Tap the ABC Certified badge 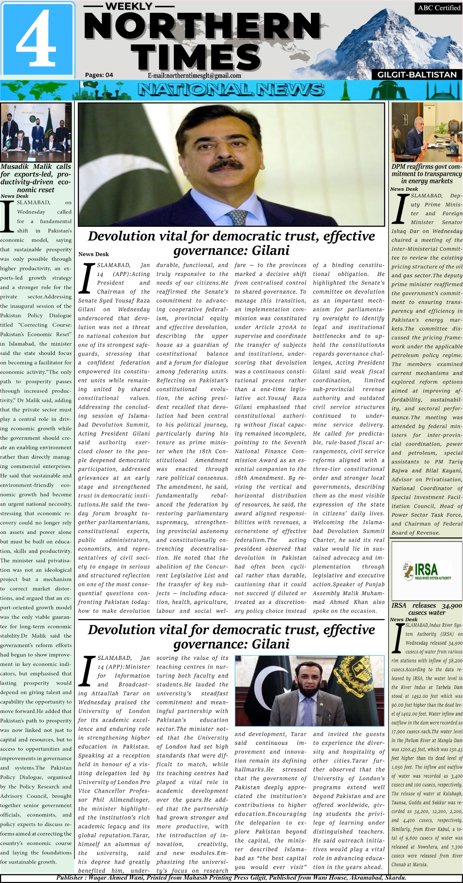[439, 8]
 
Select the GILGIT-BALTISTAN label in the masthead [417, 75]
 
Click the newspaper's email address [194, 76]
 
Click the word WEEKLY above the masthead [129, 6]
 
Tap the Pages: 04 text [99, 75]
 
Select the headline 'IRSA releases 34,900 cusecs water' [427, 609]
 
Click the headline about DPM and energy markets [426, 174]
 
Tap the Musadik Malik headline [36, 178]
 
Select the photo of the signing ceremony [36, 132]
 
